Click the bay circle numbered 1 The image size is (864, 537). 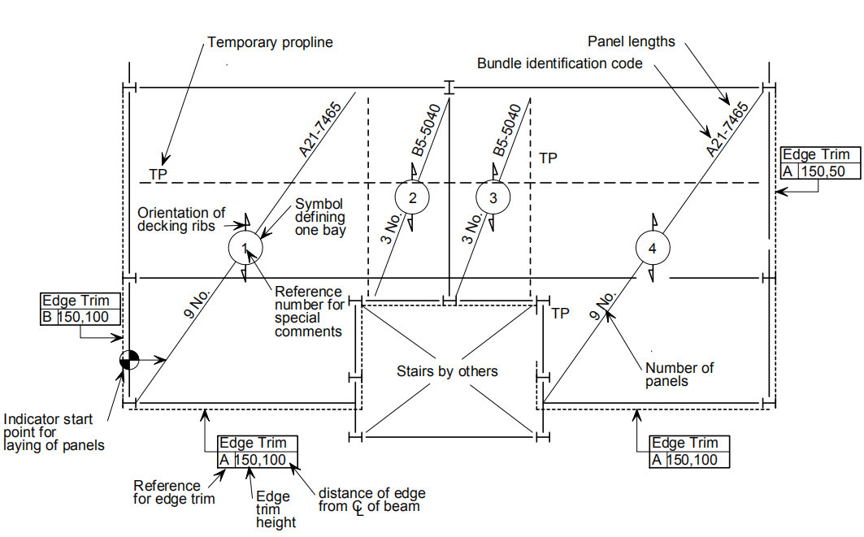tap(246, 248)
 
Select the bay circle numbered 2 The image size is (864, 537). tap(412, 197)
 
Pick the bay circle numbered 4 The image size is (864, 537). tap(653, 248)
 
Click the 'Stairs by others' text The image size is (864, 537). tap(447, 371)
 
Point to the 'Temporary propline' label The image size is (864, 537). tap(270, 42)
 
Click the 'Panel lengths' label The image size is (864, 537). tap(631, 41)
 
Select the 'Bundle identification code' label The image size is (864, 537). tap(560, 63)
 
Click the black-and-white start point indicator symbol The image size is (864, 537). tap(129, 359)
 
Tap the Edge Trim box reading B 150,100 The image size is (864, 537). tap(81, 309)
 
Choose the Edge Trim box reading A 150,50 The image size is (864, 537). tap(817, 162)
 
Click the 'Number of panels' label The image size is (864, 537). tap(679, 374)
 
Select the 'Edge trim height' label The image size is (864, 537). tap(272, 509)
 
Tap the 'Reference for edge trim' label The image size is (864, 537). tap(174, 492)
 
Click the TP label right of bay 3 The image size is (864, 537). tap(549, 158)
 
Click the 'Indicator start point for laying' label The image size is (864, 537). tap(54, 432)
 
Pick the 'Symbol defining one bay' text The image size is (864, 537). tap(319, 217)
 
